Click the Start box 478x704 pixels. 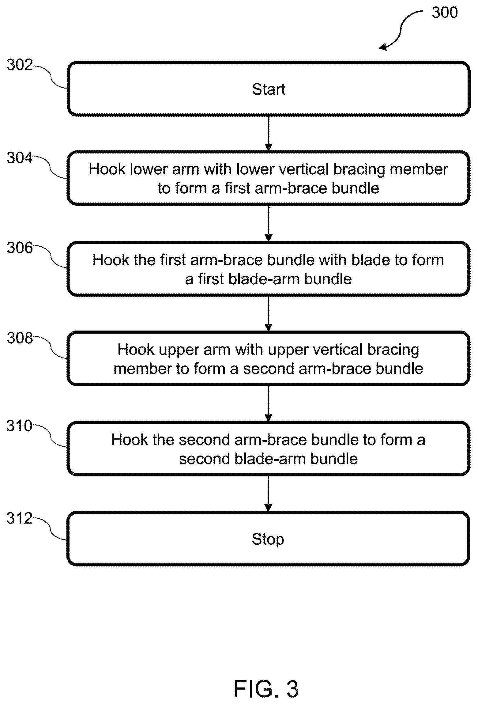point(269,89)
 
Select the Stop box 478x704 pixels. point(268,539)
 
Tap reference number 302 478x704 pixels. point(20,65)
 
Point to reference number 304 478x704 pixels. point(20,158)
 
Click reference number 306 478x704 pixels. point(20,248)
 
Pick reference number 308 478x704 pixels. point(20,338)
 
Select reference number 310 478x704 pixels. point(19,426)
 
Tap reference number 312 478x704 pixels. point(19,518)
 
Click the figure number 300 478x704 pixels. point(445,12)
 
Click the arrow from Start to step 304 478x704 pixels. point(269,133)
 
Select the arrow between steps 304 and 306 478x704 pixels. point(269,223)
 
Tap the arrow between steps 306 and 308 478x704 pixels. point(269,313)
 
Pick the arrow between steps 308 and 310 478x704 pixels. point(269,403)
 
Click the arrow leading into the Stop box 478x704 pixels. point(269,494)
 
